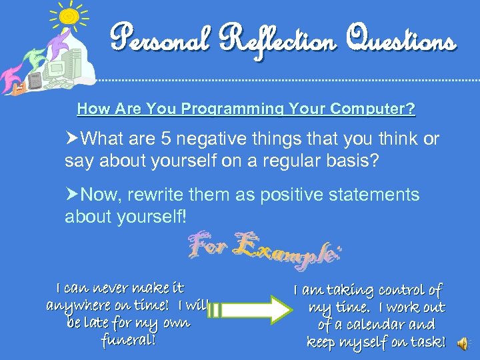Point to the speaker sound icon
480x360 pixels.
(x=462, y=343)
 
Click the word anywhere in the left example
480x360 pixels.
(x=75, y=306)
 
